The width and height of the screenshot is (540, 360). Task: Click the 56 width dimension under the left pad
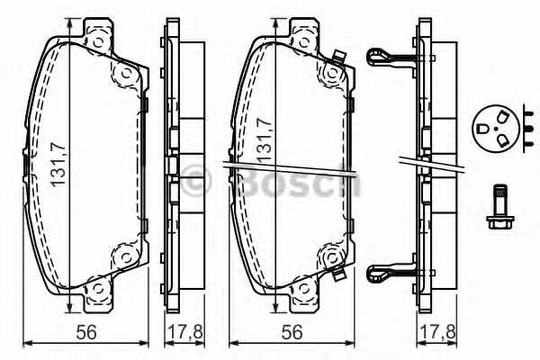[86, 332]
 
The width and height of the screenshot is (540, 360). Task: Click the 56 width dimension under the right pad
[292, 332]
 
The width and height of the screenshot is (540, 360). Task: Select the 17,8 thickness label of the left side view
[184, 332]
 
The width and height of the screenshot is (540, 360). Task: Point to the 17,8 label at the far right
[438, 332]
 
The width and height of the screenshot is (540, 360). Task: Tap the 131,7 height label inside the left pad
[58, 165]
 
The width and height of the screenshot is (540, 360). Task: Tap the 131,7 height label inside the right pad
[265, 140]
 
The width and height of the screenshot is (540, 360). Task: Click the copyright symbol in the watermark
[195, 181]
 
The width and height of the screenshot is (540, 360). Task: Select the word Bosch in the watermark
[299, 181]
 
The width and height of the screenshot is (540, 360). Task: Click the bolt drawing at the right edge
[499, 207]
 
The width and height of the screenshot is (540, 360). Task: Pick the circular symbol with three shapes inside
[496, 129]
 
